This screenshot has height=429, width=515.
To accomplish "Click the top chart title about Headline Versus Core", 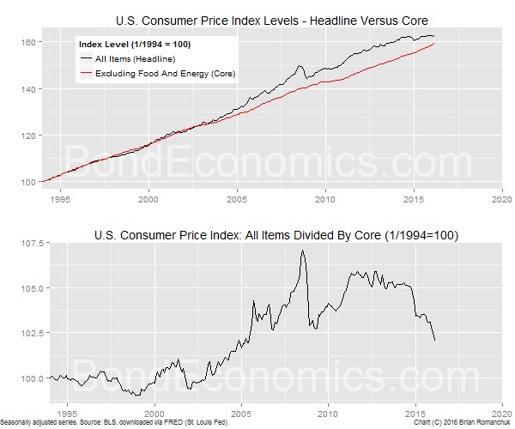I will click(271, 20).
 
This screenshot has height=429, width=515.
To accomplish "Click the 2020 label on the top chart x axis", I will click(501, 197).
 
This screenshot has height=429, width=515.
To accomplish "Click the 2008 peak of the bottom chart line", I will click(303, 251).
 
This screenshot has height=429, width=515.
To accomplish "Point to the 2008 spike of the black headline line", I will click(300, 66).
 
